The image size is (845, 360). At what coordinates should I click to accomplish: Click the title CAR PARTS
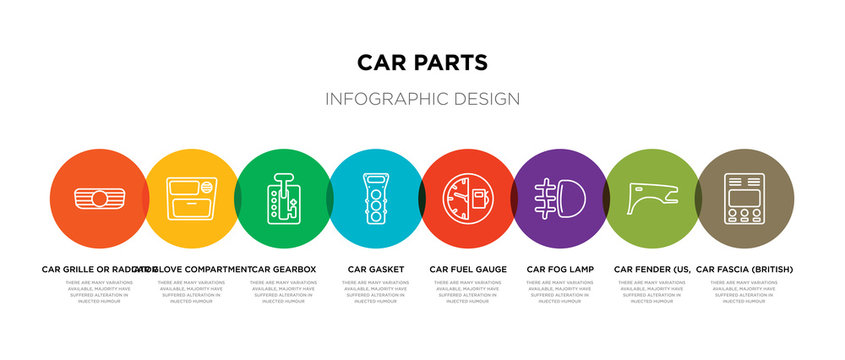pos(422,63)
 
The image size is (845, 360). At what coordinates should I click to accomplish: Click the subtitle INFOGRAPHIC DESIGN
pos(422,99)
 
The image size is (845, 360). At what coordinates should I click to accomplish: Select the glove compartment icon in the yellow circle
pos(190,197)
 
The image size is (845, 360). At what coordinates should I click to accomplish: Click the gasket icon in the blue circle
pos(376,197)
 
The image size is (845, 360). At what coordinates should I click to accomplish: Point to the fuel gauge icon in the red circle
pos(468,197)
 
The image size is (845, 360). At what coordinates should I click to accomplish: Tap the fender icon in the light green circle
pos(652,198)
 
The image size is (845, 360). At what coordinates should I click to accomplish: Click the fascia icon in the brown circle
pos(744,197)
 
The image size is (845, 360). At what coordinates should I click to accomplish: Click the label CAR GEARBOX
pos(284,269)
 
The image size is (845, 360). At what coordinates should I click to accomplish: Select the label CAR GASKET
pos(376,269)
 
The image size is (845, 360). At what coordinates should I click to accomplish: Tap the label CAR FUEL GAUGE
pos(468,269)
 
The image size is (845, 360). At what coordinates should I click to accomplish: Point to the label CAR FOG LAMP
pos(560,269)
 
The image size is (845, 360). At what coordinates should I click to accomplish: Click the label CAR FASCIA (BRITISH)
pos(744,269)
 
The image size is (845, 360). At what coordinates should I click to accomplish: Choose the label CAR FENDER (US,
pos(652,269)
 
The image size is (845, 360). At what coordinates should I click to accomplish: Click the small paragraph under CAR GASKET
pos(376,291)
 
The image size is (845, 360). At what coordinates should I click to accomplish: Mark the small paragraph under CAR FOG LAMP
pos(560,291)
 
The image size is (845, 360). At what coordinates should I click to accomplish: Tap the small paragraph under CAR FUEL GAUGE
pos(468,291)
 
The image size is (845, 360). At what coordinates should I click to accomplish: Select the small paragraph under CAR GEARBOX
pos(284,291)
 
